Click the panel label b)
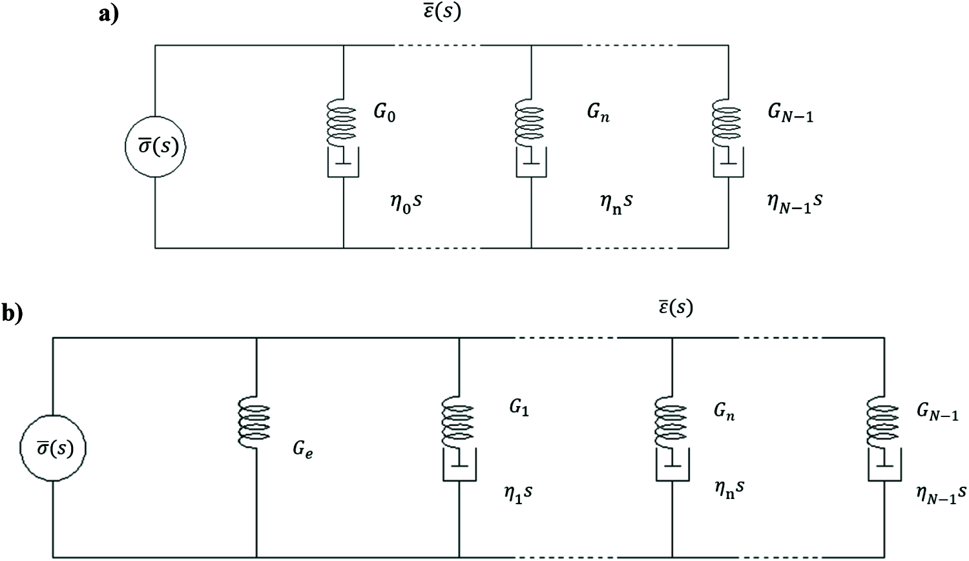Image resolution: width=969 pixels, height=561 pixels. click(12, 313)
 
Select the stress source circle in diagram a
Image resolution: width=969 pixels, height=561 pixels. click(155, 147)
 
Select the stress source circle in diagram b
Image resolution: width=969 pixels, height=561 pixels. click(53, 448)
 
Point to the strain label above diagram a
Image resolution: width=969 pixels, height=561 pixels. click(442, 11)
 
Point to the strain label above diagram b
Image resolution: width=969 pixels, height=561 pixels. click(675, 307)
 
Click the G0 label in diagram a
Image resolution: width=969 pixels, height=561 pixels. click(384, 114)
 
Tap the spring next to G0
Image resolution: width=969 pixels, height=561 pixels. click(344, 122)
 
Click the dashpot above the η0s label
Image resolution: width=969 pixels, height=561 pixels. click(344, 163)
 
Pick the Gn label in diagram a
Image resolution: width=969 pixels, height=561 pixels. click(598, 112)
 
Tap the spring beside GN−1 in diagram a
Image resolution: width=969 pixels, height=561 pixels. click(729, 122)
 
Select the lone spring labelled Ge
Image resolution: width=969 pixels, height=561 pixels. click(256, 422)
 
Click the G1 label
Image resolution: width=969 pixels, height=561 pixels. click(519, 409)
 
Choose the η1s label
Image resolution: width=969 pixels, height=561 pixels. click(518, 494)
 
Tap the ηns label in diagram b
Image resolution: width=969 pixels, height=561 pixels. click(729, 489)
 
